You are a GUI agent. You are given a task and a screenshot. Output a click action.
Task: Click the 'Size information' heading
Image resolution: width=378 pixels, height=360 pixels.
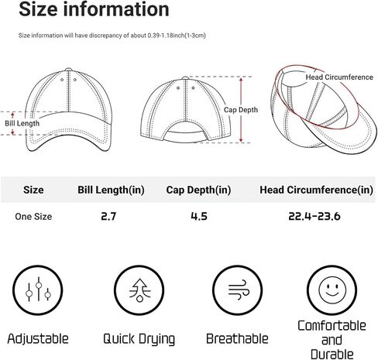point(94,9)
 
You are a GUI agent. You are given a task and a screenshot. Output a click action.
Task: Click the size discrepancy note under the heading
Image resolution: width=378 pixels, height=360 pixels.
point(112,36)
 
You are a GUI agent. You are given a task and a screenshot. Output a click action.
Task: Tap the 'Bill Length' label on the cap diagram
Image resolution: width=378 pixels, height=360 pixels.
point(22,123)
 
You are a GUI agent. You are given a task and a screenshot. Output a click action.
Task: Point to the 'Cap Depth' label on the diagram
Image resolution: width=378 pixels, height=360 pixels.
point(241,110)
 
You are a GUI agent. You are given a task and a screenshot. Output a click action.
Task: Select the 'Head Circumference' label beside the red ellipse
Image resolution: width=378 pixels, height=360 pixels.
point(339,77)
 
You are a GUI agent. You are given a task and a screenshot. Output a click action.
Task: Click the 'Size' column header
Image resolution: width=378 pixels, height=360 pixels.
point(33,190)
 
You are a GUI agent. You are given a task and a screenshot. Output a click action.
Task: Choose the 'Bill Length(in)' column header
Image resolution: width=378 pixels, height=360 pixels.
point(111,190)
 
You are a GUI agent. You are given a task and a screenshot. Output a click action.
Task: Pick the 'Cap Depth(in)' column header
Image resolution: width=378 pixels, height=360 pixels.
point(198,190)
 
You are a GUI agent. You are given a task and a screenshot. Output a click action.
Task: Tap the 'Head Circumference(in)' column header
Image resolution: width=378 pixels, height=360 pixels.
point(316,190)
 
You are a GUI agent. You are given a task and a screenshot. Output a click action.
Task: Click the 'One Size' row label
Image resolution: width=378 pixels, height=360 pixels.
point(33,217)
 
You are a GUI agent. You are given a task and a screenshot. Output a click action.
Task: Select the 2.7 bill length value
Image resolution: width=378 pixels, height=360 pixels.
point(108,216)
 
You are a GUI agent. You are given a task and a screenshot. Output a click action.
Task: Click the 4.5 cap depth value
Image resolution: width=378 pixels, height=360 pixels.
point(199,216)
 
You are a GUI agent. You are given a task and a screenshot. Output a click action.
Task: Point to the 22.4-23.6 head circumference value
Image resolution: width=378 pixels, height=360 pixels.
point(314,216)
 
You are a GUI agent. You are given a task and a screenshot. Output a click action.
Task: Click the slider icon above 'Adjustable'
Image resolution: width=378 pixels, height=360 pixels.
point(38,290)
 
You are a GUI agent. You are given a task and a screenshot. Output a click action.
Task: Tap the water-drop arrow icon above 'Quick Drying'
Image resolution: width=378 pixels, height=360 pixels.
point(139,290)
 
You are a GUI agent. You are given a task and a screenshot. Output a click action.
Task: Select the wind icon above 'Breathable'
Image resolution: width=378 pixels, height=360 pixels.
point(238,290)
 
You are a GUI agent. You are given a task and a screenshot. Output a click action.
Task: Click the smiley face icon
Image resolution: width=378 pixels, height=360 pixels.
point(332,290)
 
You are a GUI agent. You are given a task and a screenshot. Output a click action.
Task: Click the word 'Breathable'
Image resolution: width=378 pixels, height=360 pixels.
point(237,338)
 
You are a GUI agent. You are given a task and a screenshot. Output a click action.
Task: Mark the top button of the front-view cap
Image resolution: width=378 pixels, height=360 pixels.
point(68,69)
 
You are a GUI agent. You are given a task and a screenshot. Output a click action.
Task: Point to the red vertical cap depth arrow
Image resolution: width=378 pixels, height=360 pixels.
point(241,110)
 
